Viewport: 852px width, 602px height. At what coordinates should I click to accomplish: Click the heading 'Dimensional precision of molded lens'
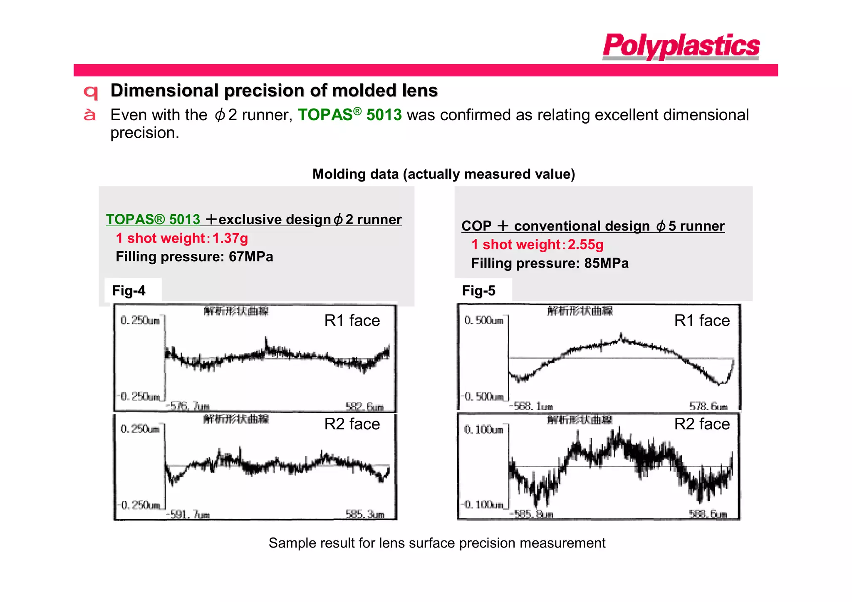[274, 90]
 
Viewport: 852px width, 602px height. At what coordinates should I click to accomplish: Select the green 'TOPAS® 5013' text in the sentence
[349, 115]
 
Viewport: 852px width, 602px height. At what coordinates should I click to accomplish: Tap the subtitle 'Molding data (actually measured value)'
[443, 174]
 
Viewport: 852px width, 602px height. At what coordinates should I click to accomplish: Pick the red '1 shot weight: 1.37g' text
[182, 238]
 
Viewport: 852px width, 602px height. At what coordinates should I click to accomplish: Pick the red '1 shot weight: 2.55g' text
[537, 245]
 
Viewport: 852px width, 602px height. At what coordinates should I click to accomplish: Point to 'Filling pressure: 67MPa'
[194, 257]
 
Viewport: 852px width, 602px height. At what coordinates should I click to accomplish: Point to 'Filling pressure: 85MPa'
[550, 263]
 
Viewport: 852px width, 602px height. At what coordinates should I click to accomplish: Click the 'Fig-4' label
[129, 290]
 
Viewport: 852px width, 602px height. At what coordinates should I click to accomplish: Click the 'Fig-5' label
[478, 290]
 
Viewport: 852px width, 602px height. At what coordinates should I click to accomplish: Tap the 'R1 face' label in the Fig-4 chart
[352, 320]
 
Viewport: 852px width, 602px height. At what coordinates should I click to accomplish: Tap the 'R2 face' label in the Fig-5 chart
[702, 424]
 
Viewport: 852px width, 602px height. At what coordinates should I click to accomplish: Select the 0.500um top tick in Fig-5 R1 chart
[483, 320]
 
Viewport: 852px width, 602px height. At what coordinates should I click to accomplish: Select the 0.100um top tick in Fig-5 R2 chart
[483, 429]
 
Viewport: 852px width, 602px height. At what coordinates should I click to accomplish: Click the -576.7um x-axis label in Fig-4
[188, 406]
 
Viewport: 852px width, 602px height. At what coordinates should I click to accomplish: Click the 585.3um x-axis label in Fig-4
[365, 515]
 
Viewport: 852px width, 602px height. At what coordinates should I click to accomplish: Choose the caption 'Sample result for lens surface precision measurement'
[437, 543]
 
